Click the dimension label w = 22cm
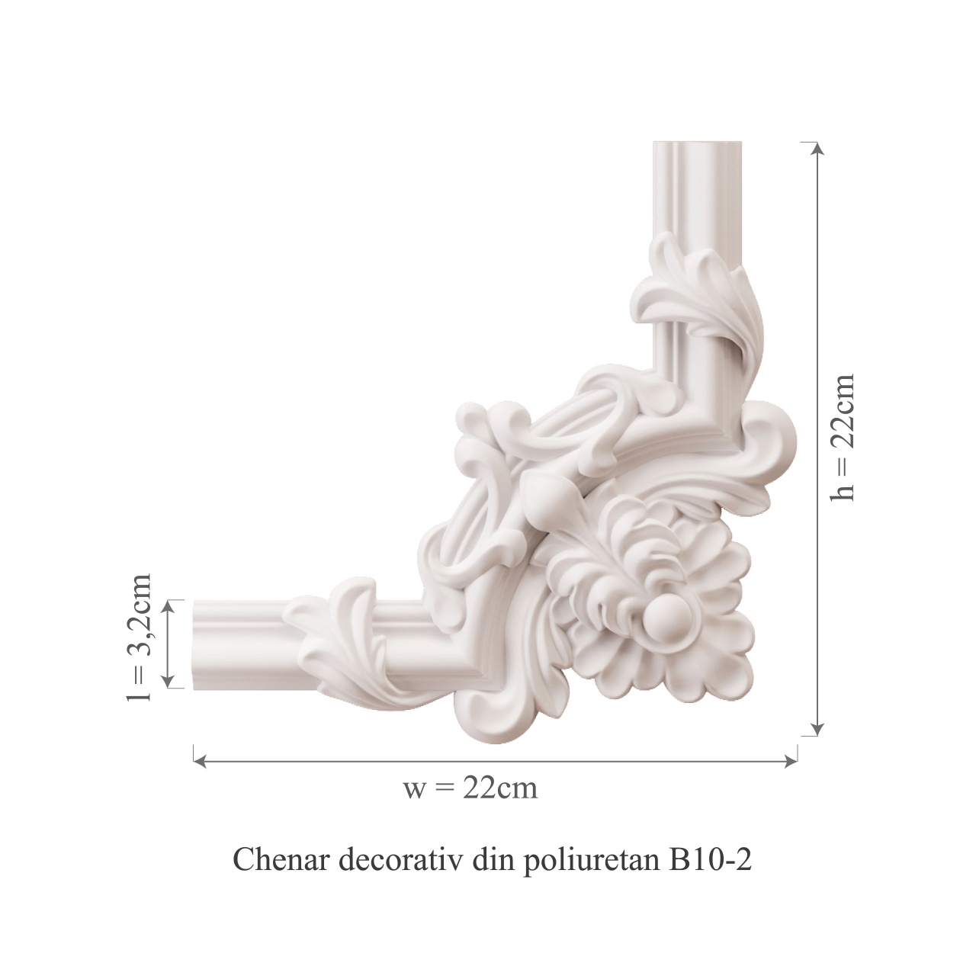(470, 787)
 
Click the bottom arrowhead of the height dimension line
(817, 730)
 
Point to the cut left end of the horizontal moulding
(196, 644)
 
